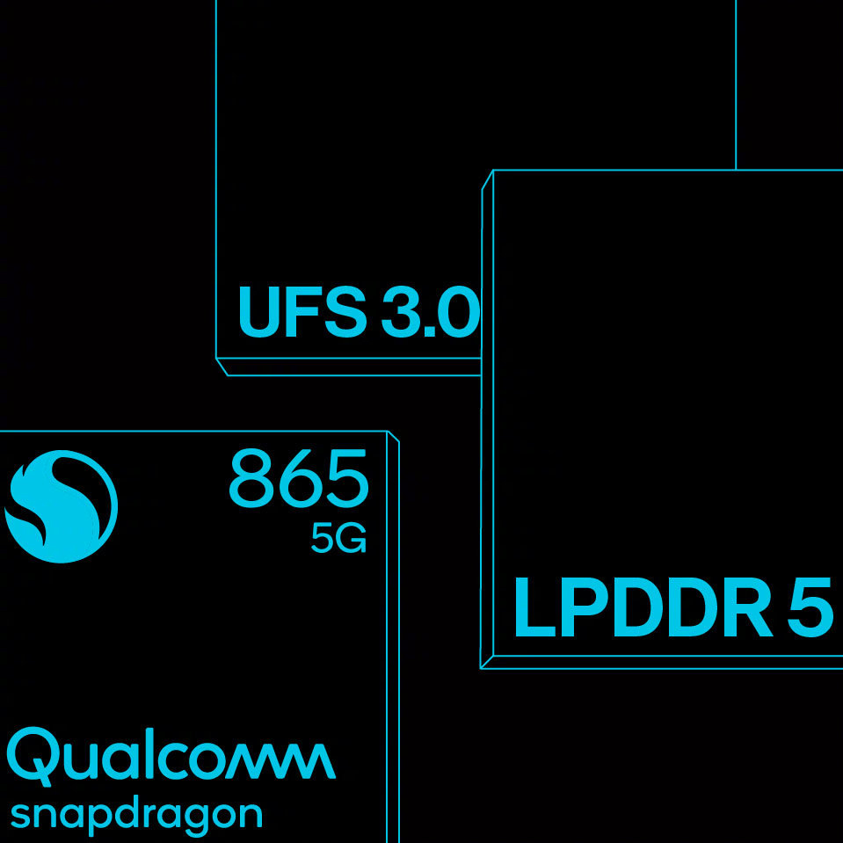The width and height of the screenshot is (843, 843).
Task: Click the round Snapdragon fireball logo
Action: click(61, 506)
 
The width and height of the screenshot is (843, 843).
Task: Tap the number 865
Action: click(298, 479)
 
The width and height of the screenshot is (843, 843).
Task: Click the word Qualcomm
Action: click(171, 757)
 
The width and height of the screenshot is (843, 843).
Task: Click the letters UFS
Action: click(302, 312)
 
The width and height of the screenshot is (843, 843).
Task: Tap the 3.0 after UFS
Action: click(430, 312)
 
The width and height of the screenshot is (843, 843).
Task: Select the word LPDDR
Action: click(643, 607)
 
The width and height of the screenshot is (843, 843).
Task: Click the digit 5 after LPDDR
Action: click(810, 607)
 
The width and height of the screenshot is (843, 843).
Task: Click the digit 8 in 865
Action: click(251, 479)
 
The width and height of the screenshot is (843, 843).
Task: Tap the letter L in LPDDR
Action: click(534, 607)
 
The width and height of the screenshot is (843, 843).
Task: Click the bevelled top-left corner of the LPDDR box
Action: click(488, 179)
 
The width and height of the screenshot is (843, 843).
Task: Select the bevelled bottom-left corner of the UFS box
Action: click(222, 367)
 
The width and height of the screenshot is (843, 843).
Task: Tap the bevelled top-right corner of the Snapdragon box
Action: click(393, 437)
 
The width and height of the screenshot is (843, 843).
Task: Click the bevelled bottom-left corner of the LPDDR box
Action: click(487, 663)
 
